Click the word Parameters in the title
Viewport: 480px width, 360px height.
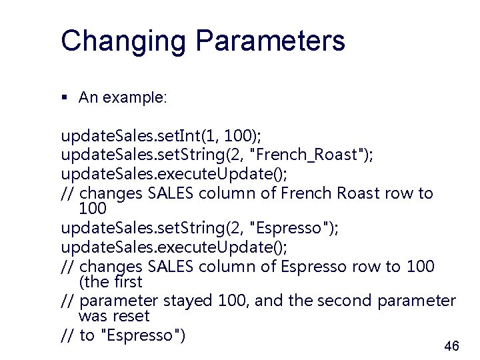pyautogui.click(x=270, y=41)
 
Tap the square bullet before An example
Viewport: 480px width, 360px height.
pyautogui.click(x=65, y=98)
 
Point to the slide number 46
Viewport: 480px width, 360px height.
pyautogui.click(x=451, y=346)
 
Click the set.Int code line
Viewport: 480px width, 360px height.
pyautogui.click(x=161, y=137)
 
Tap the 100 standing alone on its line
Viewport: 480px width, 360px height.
pyautogui.click(x=92, y=209)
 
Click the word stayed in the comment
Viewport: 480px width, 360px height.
pyautogui.click(x=188, y=301)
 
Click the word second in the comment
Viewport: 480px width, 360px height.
pyautogui.click(x=347, y=301)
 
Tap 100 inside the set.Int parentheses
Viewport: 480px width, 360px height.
pyautogui.click(x=238, y=137)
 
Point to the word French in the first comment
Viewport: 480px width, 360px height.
pyautogui.click(x=304, y=193)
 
